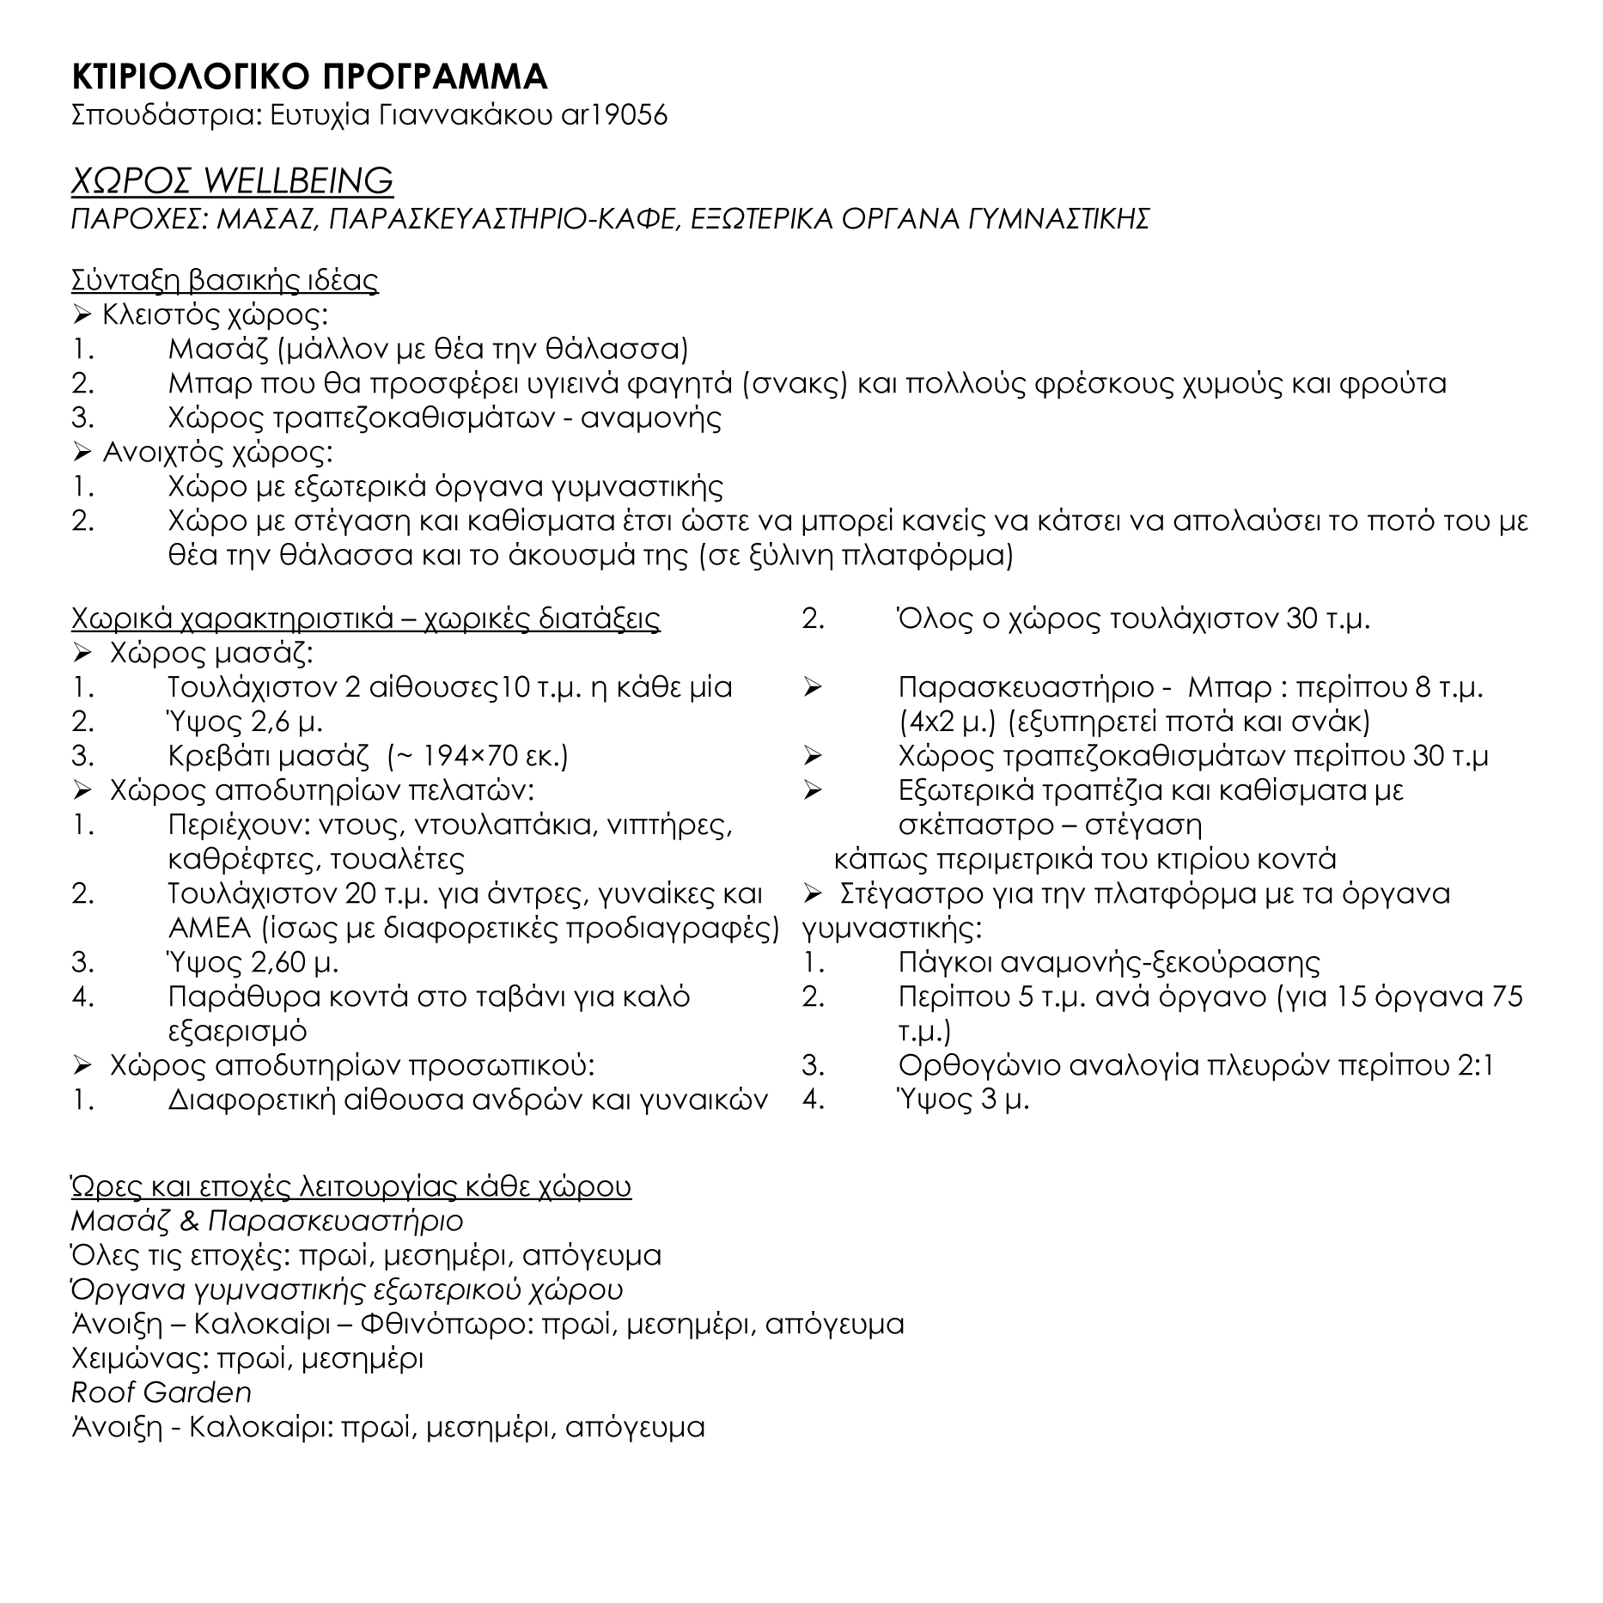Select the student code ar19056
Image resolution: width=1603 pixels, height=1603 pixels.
coord(613,115)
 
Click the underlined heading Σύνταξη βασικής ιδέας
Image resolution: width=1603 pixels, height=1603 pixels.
coord(225,281)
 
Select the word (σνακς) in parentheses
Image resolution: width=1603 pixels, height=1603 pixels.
coord(795,384)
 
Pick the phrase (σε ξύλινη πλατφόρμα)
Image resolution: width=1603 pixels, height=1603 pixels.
coord(856,557)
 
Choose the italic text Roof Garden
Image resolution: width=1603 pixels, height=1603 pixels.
coord(162,1393)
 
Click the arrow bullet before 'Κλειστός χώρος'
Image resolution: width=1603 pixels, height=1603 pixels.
coord(82,316)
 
